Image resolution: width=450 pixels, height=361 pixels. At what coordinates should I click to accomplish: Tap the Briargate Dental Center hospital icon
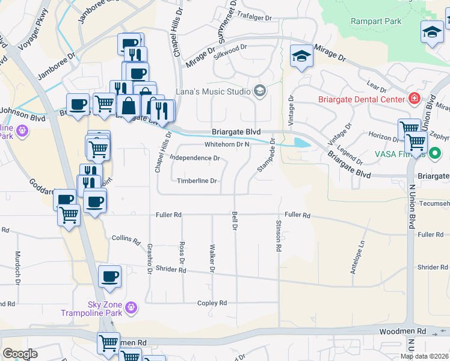click(x=415, y=97)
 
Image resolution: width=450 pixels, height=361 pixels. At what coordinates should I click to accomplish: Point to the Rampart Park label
click(x=367, y=22)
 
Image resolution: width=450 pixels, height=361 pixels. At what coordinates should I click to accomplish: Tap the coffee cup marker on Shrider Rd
click(x=109, y=277)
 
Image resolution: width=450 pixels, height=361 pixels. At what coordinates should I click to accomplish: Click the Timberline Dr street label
click(x=197, y=180)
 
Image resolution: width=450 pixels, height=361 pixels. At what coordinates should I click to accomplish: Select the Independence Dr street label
click(x=195, y=158)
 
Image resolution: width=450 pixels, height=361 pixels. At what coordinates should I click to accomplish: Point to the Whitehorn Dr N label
click(x=227, y=144)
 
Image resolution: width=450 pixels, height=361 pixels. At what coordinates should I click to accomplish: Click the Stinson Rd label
click(x=279, y=236)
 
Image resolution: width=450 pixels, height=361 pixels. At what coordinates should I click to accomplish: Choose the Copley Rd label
click(x=213, y=303)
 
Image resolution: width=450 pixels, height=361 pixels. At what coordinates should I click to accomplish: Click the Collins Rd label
click(x=126, y=238)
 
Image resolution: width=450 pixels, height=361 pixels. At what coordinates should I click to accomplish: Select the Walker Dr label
click(x=212, y=258)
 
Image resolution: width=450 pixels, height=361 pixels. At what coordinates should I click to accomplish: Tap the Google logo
click(x=20, y=354)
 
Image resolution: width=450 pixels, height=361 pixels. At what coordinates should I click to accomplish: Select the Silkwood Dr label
click(x=232, y=47)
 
